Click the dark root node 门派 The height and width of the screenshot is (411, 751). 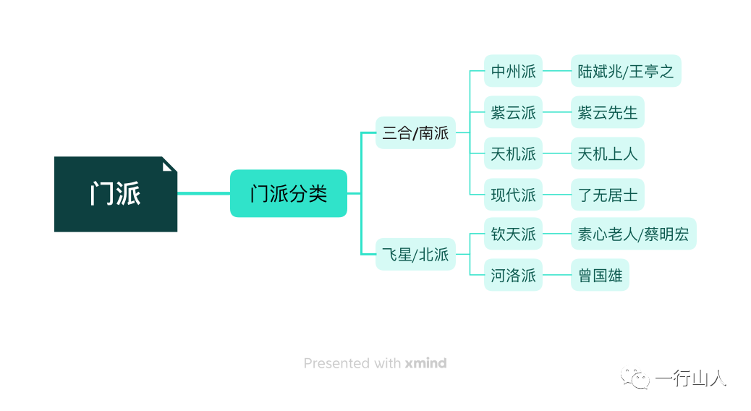click(116, 194)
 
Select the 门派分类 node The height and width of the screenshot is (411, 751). click(289, 193)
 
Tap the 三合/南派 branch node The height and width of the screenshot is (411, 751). click(415, 132)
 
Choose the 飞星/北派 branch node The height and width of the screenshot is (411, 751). click(415, 255)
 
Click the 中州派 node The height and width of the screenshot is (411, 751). click(513, 71)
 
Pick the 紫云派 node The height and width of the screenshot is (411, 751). click(513, 112)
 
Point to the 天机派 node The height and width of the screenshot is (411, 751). click(513, 153)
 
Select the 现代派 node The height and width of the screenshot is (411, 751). click(513, 195)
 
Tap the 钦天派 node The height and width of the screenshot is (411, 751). click(513, 234)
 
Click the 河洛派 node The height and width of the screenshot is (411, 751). click(513, 275)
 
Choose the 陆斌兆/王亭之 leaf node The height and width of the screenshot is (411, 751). click(626, 71)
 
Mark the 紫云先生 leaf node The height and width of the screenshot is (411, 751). click(607, 112)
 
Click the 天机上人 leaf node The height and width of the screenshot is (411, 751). click(607, 153)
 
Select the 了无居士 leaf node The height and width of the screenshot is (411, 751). click(607, 195)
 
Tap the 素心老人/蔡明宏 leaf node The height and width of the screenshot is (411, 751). click(634, 234)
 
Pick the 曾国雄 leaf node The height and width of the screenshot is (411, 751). click(600, 275)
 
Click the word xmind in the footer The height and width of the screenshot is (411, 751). click(426, 363)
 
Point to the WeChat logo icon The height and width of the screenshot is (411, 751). click(635, 378)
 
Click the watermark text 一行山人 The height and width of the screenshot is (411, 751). click(691, 378)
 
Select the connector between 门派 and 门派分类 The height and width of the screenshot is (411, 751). click(203, 193)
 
